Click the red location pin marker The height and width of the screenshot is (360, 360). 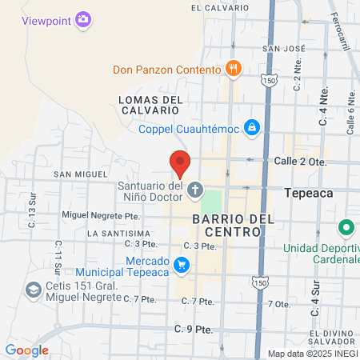(180, 162)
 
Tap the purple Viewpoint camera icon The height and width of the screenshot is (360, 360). (83, 20)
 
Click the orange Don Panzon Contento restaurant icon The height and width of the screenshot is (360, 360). (234, 69)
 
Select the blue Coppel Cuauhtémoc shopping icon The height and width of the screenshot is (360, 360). (252, 126)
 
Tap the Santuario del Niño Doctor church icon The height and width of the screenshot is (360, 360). (195, 190)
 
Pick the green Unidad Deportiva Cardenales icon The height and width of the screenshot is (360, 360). (346, 228)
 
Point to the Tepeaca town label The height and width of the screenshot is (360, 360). (309, 193)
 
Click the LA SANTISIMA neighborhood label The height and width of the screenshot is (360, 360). (118, 233)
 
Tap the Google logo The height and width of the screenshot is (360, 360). (26, 350)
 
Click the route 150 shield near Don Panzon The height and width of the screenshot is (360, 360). (269, 81)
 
